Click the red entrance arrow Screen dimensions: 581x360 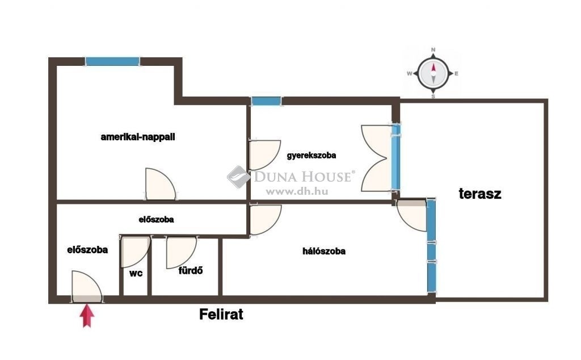coord(87,316)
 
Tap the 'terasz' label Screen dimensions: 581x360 coord(480,194)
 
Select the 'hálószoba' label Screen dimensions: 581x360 coord(324,251)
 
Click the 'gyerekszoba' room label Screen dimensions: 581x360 coord(311,156)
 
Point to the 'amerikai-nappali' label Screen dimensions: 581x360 coord(138,137)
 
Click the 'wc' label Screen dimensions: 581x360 coord(136,273)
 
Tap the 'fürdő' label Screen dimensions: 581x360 coord(191,270)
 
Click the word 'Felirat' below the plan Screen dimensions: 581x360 coord(221,315)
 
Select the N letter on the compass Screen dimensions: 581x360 coord(433,49)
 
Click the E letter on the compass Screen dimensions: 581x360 coord(456,73)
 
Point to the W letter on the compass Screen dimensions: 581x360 coord(410,73)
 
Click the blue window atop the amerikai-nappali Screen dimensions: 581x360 coord(113,61)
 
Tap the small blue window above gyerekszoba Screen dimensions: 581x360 coord(266,101)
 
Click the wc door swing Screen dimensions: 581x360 coord(136,252)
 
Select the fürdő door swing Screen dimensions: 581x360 coord(181,252)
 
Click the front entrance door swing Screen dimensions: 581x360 coord(87,287)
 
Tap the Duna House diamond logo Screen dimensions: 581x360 coord(239,177)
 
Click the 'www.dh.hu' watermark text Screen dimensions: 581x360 coord(297,192)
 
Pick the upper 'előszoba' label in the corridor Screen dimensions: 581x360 coord(156,220)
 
